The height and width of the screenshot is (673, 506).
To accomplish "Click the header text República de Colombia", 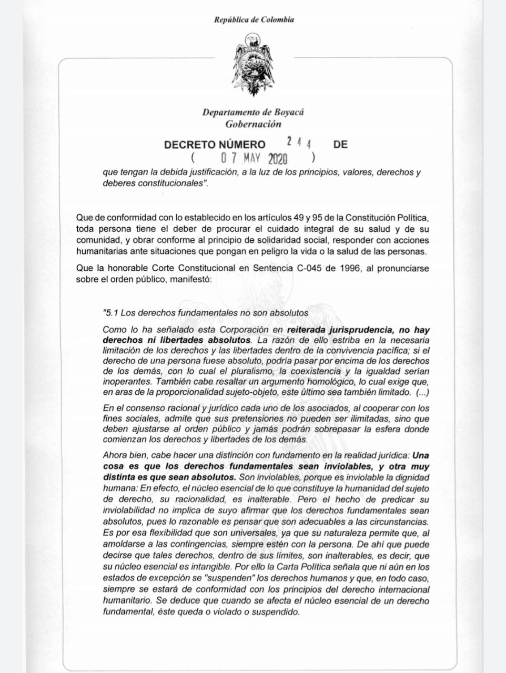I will pos(254,20).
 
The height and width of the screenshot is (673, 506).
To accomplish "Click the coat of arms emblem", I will pos(254,65).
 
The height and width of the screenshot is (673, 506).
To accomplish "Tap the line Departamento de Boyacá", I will pos(254,112).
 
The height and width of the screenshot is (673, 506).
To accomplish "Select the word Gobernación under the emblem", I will pos(254,125).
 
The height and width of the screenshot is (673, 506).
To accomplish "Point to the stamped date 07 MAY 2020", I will pos(254,158).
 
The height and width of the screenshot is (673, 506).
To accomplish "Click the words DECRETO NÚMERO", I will pos(215,145).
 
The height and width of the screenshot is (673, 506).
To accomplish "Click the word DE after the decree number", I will pos(340,145).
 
